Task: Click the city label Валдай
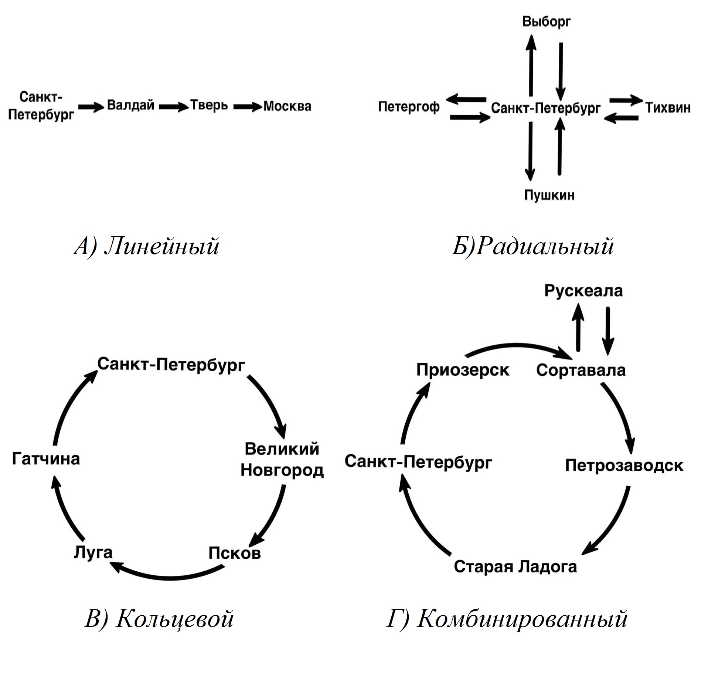pos(130,105)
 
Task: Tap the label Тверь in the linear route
pos(209,105)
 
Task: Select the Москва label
pos(287,106)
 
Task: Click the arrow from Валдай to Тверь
pos(174,107)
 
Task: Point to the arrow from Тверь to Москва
pos(248,107)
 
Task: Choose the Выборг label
pos(546,21)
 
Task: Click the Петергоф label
pos(409,107)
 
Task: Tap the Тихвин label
pos(668,108)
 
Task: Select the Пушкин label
pos(549,195)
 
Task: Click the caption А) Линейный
pos(147,246)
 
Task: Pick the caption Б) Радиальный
pos(532,246)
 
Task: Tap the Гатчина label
pos(46,459)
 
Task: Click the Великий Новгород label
pos(282,460)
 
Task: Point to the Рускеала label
pos(583,291)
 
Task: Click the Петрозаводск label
pos(624,466)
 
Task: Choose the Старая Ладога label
pos(515,566)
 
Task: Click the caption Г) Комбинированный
pos(507,619)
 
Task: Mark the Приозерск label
pos(463,370)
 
